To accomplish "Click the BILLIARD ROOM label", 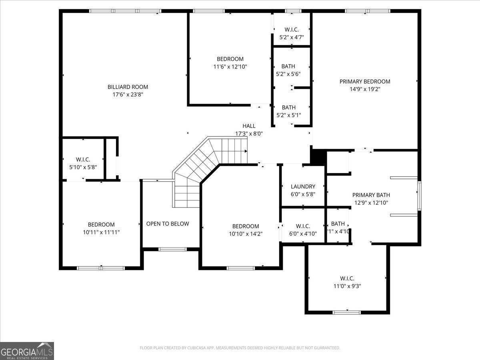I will point(128,87).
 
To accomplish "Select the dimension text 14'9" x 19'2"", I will point(365,90).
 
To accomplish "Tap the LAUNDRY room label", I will point(303,186).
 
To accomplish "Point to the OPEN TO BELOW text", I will point(167,224).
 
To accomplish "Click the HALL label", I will point(249,126).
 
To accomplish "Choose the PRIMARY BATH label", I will point(371,195).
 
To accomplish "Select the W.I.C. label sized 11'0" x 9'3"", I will point(347,278).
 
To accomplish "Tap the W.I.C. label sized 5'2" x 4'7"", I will point(291,30).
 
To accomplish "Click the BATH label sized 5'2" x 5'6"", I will point(288,66).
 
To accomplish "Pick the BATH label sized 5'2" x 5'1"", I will point(288,108).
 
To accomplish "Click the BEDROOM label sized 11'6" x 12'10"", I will point(230,59).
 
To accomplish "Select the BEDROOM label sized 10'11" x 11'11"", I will point(101,224).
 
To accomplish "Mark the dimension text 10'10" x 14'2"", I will point(246,234).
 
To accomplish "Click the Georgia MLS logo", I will point(27,351).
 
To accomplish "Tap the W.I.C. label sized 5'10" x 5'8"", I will point(83,159).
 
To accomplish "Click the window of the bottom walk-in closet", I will point(346,312).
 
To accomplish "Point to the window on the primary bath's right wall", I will point(419,196).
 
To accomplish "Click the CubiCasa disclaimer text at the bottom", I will point(240,348).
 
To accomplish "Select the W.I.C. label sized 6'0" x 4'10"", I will point(303,226).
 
